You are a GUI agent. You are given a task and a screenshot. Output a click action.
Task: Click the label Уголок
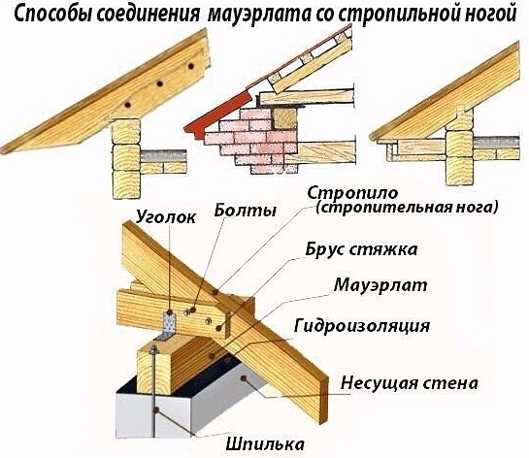point(166,217)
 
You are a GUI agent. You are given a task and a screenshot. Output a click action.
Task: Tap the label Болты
point(246,210)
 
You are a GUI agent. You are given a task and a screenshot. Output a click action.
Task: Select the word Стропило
point(352,193)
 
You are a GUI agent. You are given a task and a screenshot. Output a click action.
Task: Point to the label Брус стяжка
point(361,250)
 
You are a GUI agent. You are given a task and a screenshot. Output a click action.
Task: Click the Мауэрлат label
point(380,285)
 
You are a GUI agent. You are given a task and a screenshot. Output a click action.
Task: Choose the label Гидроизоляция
point(362,326)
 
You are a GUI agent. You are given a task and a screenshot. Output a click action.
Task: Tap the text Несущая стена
point(410,383)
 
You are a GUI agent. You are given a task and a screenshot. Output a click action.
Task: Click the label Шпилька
point(264,444)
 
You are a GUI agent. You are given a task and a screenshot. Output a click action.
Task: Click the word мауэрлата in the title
point(257,15)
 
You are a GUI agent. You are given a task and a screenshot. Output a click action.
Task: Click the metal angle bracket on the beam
point(168,326)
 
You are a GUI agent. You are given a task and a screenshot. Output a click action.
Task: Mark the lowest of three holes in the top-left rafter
point(127,105)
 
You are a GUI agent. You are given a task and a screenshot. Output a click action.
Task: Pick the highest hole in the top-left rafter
point(191,66)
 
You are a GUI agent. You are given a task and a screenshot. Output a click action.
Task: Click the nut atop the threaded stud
point(153,349)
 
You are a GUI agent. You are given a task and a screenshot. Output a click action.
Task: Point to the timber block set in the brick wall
point(284,118)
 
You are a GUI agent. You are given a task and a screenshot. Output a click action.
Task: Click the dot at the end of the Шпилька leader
point(156,410)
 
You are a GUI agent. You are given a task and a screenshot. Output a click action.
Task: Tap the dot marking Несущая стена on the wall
point(244,378)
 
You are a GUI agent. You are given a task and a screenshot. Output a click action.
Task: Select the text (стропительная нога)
point(407,207)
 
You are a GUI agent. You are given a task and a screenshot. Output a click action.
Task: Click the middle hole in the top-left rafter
point(159,83)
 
